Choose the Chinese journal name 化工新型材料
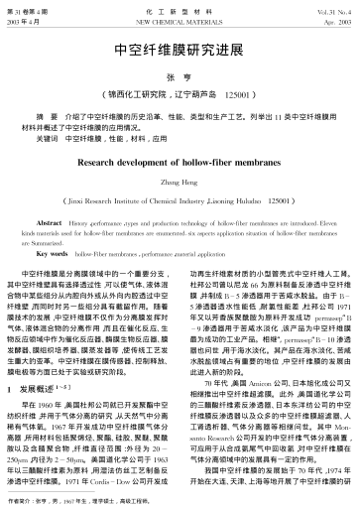(180, 7)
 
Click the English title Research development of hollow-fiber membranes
(180, 158)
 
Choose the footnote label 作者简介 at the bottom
(30, 502)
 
